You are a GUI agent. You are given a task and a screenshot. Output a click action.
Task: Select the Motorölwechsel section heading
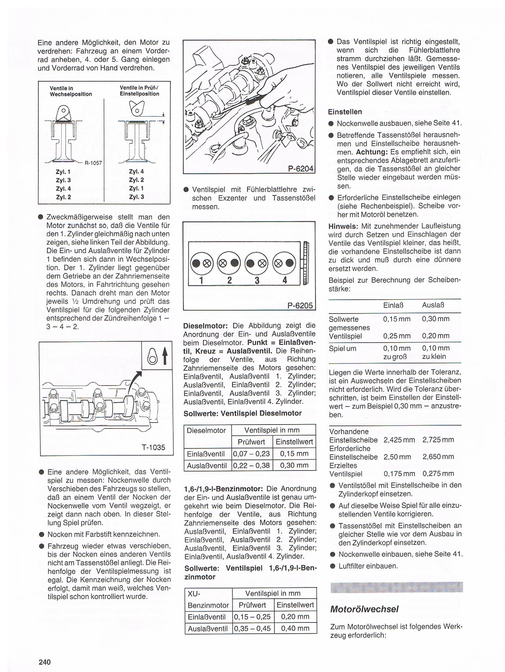(x=364, y=609)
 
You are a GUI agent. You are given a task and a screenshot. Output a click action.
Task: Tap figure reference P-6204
(x=300, y=168)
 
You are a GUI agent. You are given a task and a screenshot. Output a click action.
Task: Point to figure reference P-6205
(x=300, y=305)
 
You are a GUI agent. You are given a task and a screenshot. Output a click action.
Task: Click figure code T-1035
(x=153, y=447)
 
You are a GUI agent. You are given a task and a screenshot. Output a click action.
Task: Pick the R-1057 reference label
(x=93, y=163)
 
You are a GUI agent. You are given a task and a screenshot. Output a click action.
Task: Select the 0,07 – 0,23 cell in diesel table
(x=252, y=454)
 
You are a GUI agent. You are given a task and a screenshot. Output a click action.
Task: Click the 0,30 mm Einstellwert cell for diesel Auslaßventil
(x=294, y=465)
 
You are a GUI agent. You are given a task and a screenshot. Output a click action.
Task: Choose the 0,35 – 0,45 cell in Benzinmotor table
(x=252, y=628)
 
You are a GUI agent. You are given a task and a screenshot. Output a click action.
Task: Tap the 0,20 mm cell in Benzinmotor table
(x=295, y=616)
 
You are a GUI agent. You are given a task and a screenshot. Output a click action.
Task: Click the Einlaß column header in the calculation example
(x=392, y=305)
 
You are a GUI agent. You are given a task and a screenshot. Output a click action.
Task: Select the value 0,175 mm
(x=399, y=473)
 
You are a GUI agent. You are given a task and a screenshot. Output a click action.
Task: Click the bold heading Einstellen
(x=345, y=112)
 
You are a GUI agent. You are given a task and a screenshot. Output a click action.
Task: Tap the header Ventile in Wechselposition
(x=71, y=91)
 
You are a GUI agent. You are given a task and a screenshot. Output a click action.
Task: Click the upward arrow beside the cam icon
(x=165, y=357)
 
